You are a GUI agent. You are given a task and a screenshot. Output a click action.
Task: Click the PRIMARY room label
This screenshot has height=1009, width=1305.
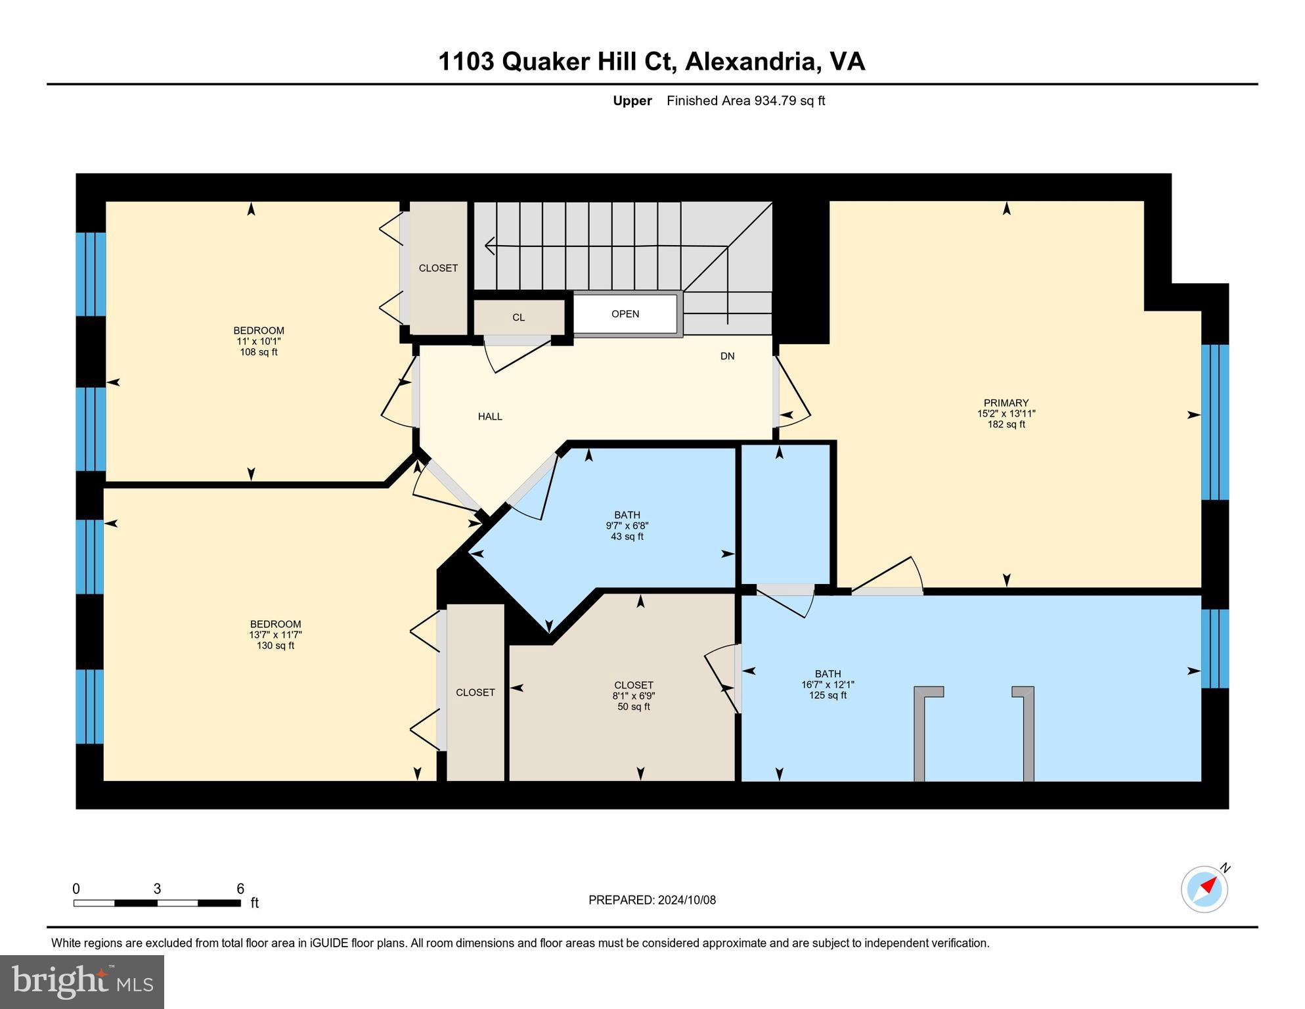coord(1006,403)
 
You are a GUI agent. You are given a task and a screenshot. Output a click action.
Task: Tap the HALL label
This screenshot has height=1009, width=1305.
coord(490,416)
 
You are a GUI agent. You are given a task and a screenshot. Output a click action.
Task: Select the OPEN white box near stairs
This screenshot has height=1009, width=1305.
coord(625,314)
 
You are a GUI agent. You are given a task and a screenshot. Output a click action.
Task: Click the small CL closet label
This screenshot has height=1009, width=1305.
coord(518,317)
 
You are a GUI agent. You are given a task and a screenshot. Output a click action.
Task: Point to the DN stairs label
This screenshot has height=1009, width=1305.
coord(727,356)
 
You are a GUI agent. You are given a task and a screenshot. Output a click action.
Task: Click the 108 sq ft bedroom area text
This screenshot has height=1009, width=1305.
coord(259,352)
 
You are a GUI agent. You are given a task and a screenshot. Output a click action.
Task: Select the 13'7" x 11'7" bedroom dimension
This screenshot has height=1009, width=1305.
coord(275,635)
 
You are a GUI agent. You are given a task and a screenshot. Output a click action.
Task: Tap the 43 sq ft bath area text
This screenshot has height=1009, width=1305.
coord(627,537)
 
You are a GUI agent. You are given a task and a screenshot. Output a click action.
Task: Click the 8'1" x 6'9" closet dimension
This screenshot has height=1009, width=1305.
coord(634,696)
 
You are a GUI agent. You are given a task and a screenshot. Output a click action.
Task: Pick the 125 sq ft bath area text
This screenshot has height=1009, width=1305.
coord(828,696)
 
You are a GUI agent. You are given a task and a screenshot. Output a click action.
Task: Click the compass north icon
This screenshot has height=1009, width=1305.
coord(1205,889)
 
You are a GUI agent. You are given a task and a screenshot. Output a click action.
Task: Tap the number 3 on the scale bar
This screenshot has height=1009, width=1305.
coord(157,889)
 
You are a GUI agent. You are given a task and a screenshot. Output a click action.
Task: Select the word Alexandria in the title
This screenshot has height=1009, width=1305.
coord(751,62)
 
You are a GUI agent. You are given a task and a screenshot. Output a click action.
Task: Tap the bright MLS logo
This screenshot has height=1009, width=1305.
coord(82,982)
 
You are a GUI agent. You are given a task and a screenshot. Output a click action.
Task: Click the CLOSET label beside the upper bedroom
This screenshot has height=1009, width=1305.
coord(438,268)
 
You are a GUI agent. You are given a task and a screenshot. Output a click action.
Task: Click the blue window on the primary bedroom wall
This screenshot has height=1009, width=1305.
coord(1214,422)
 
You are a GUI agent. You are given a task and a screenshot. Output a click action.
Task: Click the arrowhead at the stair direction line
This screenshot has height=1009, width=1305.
coord(489,246)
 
